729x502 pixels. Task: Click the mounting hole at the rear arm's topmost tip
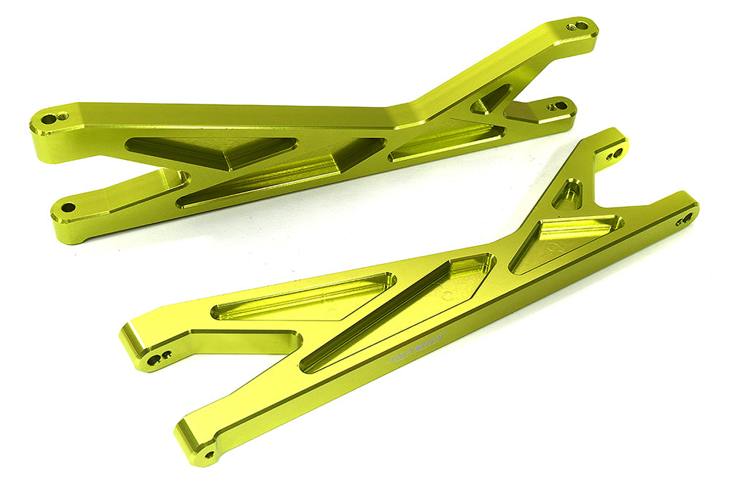[x=580, y=26]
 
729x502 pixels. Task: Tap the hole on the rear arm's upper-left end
[x=50, y=119]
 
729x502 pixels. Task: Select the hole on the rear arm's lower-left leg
[x=67, y=208]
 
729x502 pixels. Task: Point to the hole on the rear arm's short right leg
[x=560, y=107]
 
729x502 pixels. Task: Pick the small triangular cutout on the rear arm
[x=490, y=100]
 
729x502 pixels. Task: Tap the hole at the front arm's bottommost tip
[x=210, y=454]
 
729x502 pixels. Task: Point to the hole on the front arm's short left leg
[x=154, y=360]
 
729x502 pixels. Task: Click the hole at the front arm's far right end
[x=685, y=218]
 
